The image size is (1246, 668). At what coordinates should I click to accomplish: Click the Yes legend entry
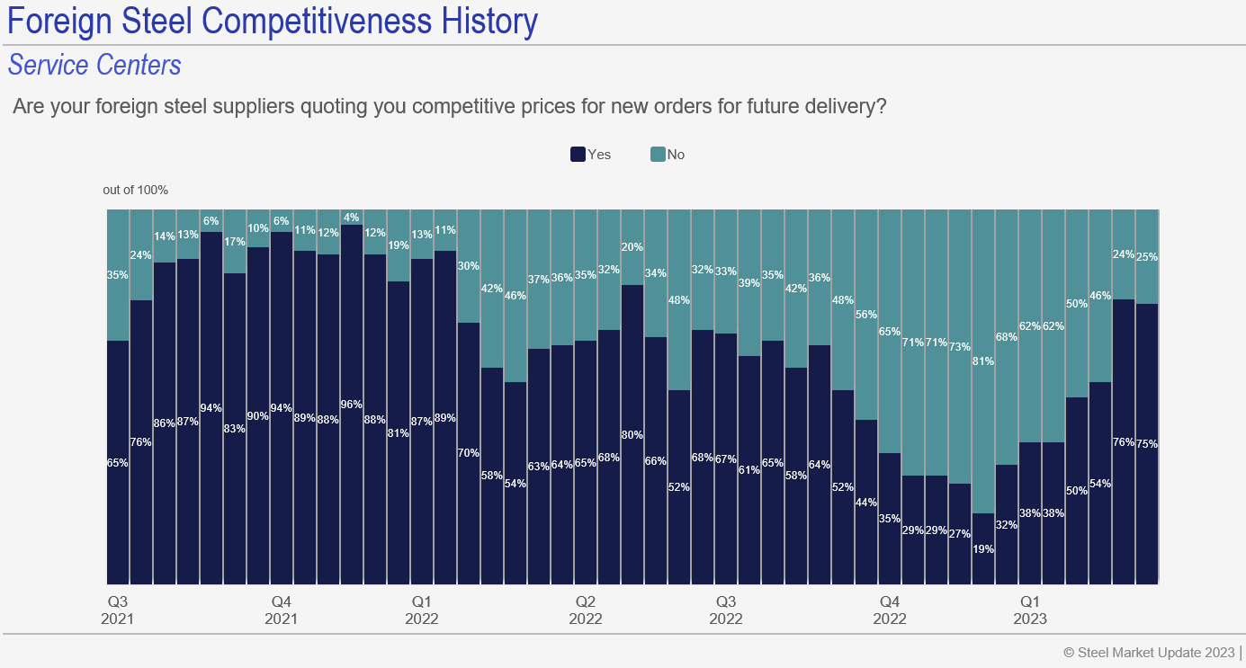coord(591,155)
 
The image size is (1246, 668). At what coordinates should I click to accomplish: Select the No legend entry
coord(668,155)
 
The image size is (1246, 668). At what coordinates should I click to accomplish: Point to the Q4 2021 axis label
coord(282,610)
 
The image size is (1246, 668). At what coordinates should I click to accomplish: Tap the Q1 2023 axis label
coord(1030,610)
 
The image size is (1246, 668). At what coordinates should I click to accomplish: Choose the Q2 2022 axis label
coord(586,610)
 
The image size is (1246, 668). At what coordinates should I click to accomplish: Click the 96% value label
coord(352,404)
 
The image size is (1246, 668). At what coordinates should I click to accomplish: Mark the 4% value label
coord(352,217)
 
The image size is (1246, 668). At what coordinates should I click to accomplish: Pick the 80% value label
coord(632,434)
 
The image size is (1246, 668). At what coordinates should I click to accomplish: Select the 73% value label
coord(960,346)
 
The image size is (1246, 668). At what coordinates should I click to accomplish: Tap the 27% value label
coord(960,533)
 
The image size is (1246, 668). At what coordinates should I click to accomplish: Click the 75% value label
coord(1147,443)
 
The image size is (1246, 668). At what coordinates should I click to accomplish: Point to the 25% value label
coord(1147,256)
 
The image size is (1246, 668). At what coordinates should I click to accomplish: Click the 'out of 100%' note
coord(135,190)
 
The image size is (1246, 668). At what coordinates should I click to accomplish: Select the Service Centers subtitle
coord(94,66)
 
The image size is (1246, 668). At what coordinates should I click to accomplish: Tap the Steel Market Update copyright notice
coord(1149,651)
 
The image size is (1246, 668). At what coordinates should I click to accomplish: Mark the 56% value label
coord(866,315)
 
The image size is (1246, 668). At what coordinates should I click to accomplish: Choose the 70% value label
coord(469,452)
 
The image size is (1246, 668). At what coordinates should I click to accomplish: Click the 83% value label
coord(235,428)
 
